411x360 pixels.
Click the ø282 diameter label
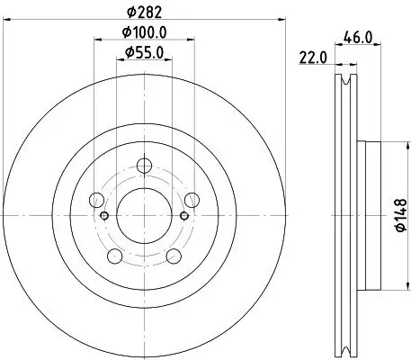[145, 12]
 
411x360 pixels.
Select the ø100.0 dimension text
[146, 35]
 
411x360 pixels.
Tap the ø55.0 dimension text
[146, 53]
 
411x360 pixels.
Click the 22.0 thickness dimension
[312, 59]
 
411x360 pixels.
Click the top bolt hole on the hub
[144, 166]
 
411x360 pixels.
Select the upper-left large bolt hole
[96, 200]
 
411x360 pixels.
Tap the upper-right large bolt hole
[192, 200]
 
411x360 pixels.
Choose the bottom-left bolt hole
[114, 256]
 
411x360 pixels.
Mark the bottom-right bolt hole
[174, 256]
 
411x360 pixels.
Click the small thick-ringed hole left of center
[105, 216]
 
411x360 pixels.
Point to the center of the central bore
[144, 216]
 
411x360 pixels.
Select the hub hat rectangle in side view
[362, 216]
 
